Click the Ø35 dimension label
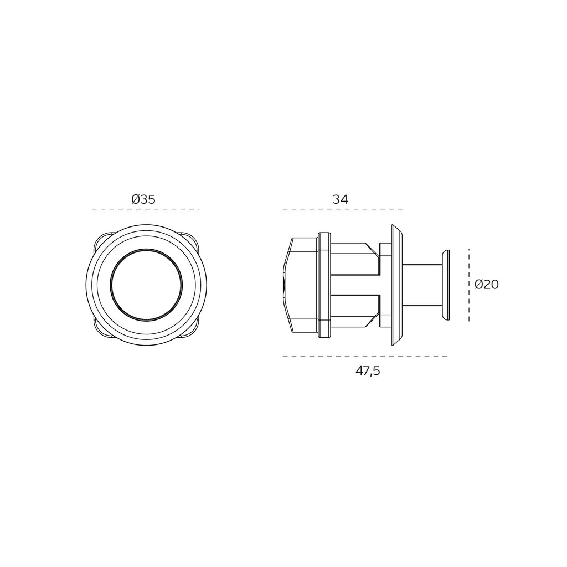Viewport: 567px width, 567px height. [x=143, y=199]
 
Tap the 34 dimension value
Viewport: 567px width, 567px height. [x=340, y=199]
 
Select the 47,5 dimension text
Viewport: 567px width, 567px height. [x=368, y=371]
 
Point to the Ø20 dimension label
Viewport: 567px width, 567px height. [x=487, y=285]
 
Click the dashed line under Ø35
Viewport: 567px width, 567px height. [x=145, y=209]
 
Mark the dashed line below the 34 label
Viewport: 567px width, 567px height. [x=342, y=209]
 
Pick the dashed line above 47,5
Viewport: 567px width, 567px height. [x=365, y=357]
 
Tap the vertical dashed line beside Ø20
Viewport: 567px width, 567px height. [x=469, y=285]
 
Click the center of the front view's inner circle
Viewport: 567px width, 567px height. [x=146, y=285]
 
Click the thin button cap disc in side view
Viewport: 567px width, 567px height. [x=445, y=285]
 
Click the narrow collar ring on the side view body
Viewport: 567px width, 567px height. [x=324, y=285]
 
